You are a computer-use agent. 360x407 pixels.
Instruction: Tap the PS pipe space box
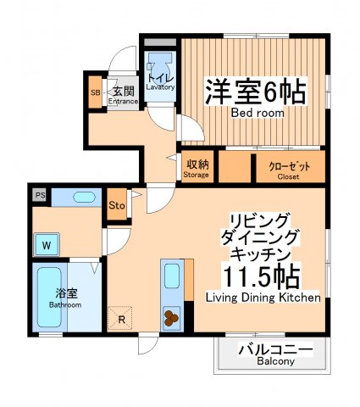click(x=39, y=195)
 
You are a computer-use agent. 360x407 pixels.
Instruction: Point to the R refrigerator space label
click(x=123, y=320)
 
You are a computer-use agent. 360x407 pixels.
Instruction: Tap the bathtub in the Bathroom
click(x=47, y=297)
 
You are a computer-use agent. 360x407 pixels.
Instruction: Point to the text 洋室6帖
click(x=254, y=92)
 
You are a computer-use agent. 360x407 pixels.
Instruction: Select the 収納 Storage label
click(x=197, y=169)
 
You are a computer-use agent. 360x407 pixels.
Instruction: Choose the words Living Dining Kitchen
click(x=263, y=298)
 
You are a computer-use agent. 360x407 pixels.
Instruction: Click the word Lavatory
click(x=160, y=86)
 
